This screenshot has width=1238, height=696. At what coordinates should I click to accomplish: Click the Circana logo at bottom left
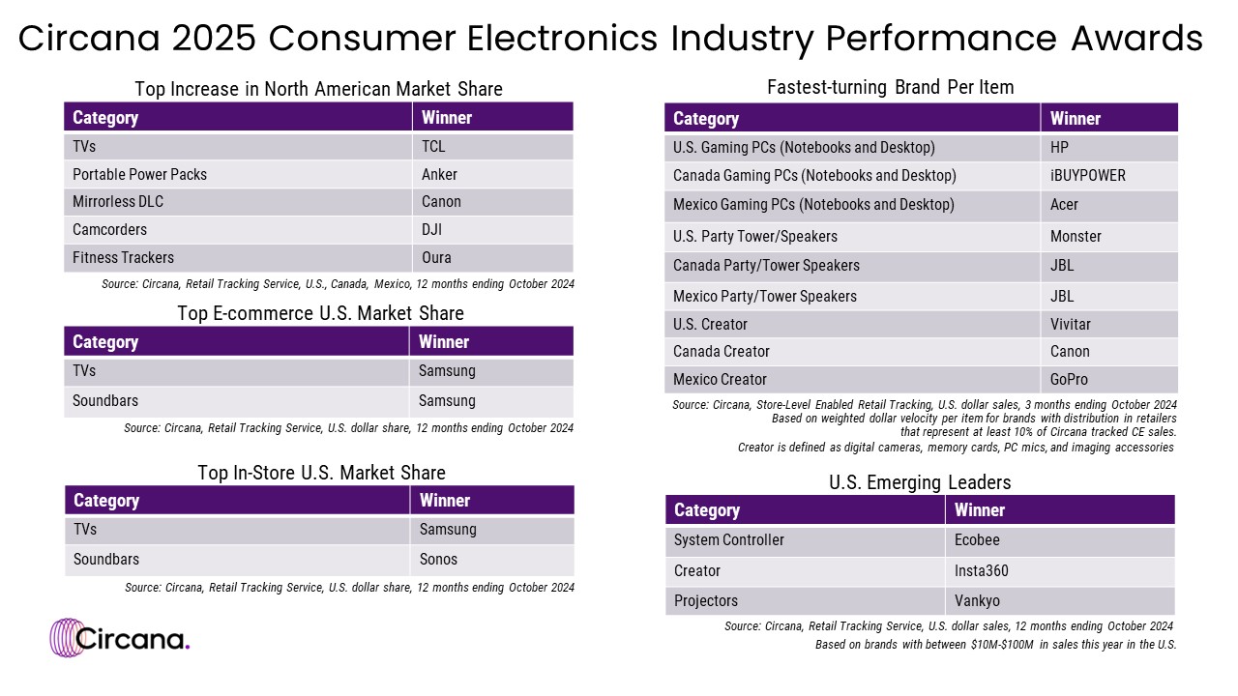pos(120,637)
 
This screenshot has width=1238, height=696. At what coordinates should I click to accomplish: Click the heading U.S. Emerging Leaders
pos(920,481)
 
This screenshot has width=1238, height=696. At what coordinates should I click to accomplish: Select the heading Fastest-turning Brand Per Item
pos(890,87)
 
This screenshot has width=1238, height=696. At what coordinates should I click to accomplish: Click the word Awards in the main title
pos(1136,39)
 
